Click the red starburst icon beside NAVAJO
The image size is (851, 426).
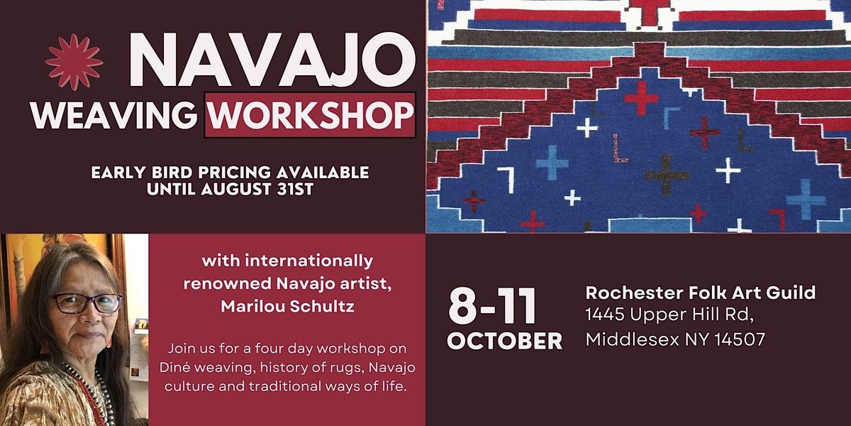[74, 62]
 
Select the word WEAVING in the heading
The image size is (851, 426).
[113, 114]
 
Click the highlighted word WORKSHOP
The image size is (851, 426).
[310, 114]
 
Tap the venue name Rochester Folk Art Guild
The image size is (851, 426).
[700, 292]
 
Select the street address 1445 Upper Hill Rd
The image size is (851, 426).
[674, 315]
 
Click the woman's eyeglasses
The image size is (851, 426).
[87, 303]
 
